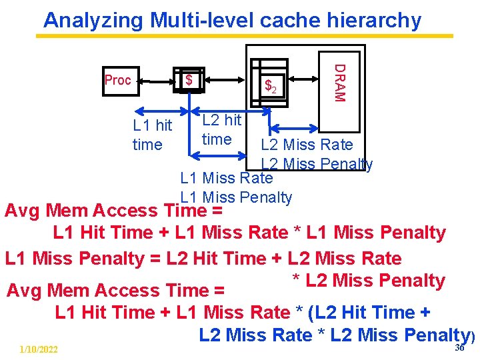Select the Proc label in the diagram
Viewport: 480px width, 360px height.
pyautogui.click(x=118, y=80)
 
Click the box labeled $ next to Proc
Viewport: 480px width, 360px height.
pyautogui.click(x=189, y=80)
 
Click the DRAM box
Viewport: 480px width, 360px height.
pyautogui.click(x=339, y=82)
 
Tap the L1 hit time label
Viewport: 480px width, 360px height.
pyautogui.click(x=152, y=135)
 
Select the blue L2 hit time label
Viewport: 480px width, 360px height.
pyautogui.click(x=221, y=129)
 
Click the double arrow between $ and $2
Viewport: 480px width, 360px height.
pyautogui.click(x=227, y=79)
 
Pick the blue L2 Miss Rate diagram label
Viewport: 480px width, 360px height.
pyautogui.click(x=307, y=145)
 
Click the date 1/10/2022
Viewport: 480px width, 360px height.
pyautogui.click(x=39, y=349)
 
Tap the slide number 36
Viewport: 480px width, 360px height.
pyautogui.click(x=459, y=347)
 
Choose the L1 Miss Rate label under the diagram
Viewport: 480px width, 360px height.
pyautogui.click(x=227, y=178)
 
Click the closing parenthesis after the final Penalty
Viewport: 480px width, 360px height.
pyautogui.click(x=473, y=339)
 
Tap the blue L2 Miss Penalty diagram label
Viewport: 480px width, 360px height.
pyautogui.click(x=317, y=164)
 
